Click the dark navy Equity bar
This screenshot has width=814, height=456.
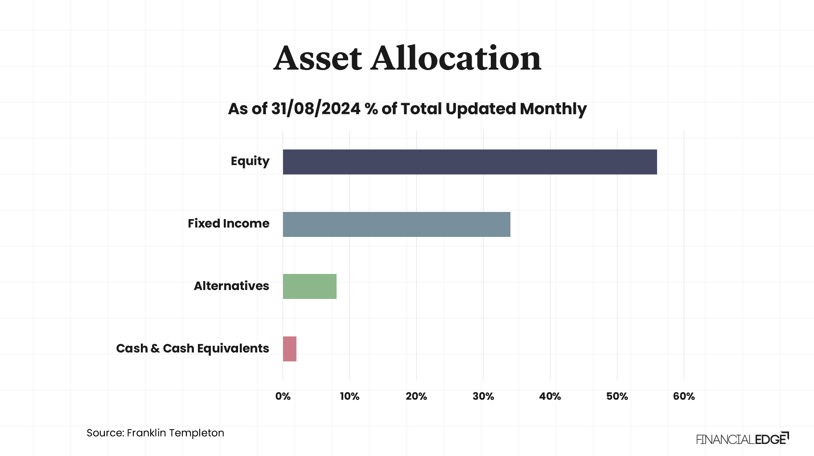[x=470, y=162]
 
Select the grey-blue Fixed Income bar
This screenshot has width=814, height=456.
[x=396, y=224]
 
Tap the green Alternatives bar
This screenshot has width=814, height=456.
[x=309, y=286]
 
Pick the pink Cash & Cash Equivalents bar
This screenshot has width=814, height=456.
[x=289, y=349]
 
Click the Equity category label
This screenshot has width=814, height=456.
[x=250, y=161]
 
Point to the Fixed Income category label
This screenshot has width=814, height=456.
[x=228, y=224]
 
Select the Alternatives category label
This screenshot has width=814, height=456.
[x=231, y=286]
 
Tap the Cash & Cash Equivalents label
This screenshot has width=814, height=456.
[x=192, y=348]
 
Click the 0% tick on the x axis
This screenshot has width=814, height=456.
[x=283, y=396]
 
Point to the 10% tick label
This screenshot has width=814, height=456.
[x=349, y=396]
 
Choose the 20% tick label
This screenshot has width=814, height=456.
[x=416, y=396]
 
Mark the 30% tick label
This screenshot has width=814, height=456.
[x=483, y=396]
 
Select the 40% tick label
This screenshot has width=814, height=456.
[x=550, y=396]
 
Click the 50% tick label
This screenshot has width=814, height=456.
[x=617, y=396]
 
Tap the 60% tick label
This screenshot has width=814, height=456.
[x=684, y=396]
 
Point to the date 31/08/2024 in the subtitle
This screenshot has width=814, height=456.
[x=316, y=109]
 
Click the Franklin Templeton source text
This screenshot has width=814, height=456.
[x=175, y=433]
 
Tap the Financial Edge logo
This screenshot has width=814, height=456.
[x=742, y=439]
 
